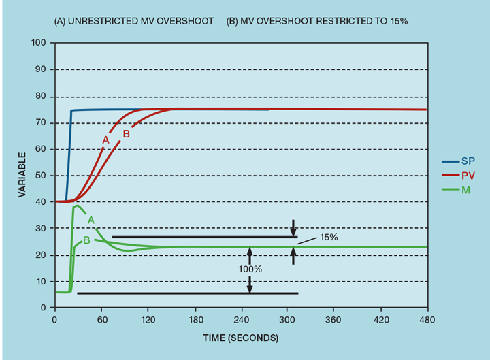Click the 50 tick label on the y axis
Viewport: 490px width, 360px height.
coord(41,176)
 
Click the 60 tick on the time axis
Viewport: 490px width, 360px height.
coord(101,318)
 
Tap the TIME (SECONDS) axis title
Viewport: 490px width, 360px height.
coord(241,338)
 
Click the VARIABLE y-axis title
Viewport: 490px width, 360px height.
coord(22,175)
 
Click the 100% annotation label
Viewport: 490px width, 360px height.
coord(250,269)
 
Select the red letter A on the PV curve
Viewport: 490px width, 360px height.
coord(105,140)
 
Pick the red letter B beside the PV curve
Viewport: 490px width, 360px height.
coord(126,134)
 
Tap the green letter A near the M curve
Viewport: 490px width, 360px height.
coord(91,219)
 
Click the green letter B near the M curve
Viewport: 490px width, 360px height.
coord(86,240)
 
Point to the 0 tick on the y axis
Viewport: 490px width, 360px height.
coord(43,308)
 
